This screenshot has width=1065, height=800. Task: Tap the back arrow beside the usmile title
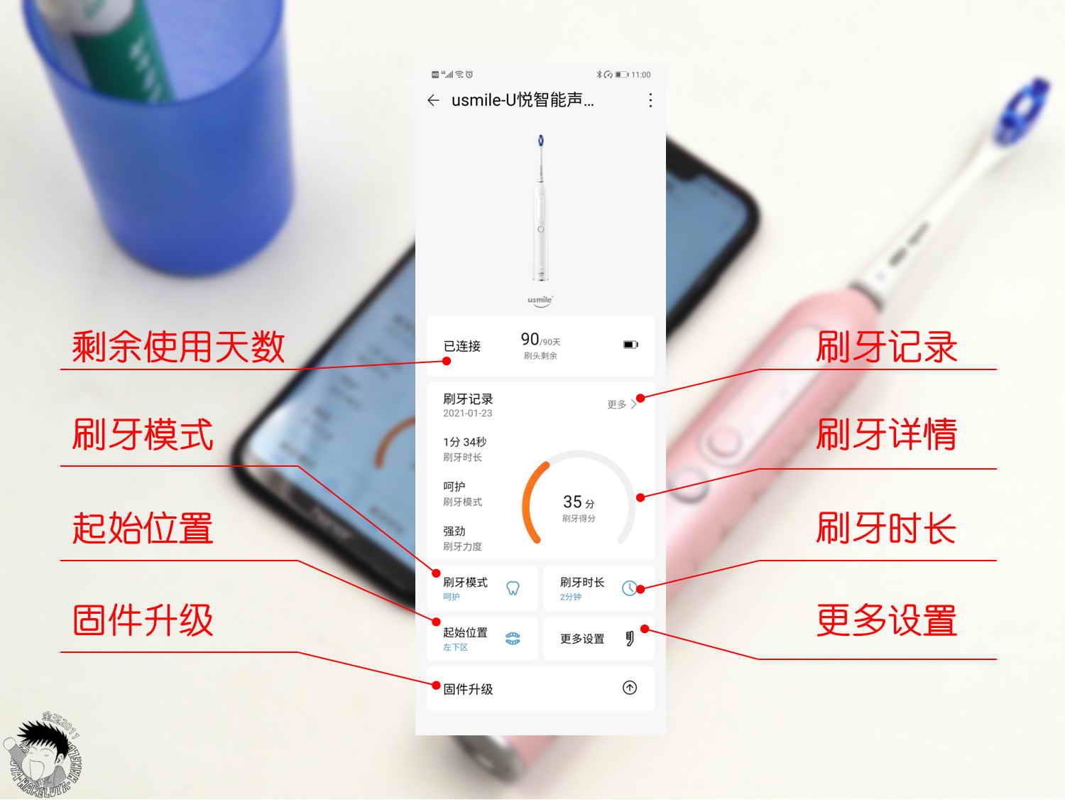[x=433, y=101]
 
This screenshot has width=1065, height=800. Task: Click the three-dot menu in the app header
[x=650, y=101]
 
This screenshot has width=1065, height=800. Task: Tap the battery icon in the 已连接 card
[x=630, y=345]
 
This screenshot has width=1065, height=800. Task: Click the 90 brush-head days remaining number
[x=530, y=340]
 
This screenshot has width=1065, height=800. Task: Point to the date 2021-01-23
[x=467, y=413]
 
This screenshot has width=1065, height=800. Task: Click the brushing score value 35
[x=573, y=502]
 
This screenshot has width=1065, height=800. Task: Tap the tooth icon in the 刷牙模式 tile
[x=513, y=588]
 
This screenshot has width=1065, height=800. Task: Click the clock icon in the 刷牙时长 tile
[x=629, y=588]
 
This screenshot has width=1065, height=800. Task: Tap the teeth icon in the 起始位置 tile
[x=513, y=638]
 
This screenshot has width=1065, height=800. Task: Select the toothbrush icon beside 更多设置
[x=629, y=638]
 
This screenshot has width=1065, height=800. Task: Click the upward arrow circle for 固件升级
[x=630, y=688]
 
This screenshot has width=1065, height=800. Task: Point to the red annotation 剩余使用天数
[x=178, y=347]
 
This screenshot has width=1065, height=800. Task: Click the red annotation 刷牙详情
[x=886, y=434]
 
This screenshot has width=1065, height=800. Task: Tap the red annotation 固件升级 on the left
[x=143, y=620]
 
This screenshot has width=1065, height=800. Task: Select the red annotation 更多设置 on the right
[x=886, y=620]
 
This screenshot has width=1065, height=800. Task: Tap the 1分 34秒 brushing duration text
[x=464, y=442]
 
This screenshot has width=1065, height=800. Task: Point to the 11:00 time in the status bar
[x=640, y=75]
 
